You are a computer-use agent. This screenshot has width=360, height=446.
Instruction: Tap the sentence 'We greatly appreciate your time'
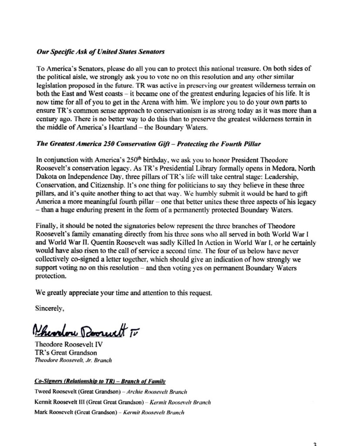tap(123, 293)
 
